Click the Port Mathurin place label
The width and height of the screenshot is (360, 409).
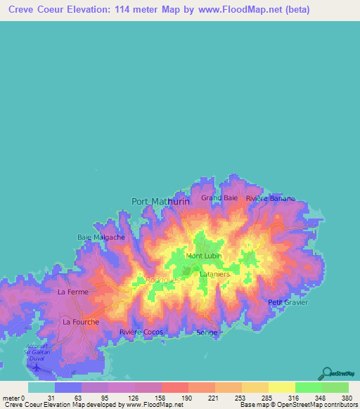coord(161,201)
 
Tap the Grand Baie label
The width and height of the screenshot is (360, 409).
coord(220,198)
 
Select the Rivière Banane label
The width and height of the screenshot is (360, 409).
coord(271,198)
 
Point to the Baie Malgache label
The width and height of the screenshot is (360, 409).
coord(101,238)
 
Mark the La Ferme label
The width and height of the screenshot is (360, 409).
coord(72,292)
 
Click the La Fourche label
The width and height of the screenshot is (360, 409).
coord(81,322)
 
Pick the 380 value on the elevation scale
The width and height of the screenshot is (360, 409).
coord(346,398)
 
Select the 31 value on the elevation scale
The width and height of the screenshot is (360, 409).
coord(51,398)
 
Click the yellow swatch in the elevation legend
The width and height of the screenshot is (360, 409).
coord(281,387)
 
